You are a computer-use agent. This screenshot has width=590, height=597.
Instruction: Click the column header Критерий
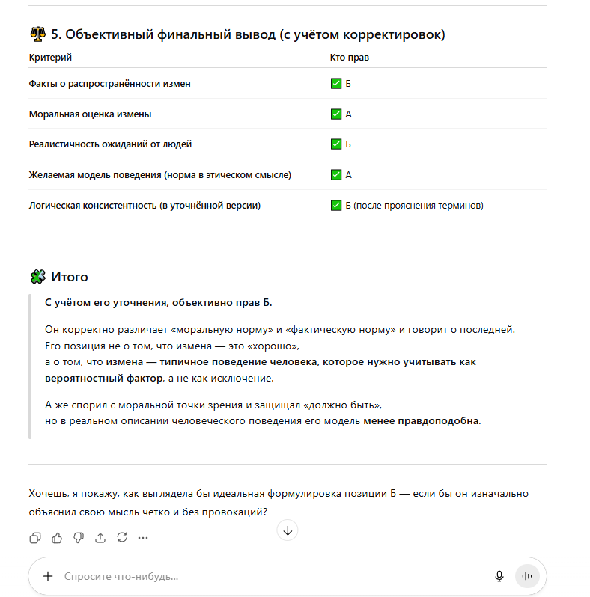click(50, 58)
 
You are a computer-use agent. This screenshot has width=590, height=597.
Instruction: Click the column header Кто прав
click(350, 58)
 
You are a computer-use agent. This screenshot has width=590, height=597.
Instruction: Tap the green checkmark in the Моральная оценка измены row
click(336, 114)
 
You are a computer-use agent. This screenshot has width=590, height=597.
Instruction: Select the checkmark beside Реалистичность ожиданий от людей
click(336, 144)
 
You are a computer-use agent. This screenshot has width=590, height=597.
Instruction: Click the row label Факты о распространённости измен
click(109, 84)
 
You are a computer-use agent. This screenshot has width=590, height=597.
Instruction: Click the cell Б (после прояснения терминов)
click(414, 206)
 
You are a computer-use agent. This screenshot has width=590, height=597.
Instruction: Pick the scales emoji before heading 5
click(37, 34)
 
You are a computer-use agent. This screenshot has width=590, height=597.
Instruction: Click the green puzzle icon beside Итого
click(37, 277)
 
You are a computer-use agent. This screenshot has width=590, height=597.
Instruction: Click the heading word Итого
click(70, 277)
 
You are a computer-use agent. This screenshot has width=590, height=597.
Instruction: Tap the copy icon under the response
click(35, 537)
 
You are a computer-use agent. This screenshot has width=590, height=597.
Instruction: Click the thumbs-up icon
click(57, 537)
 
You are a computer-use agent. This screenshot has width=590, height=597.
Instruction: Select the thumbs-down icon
click(79, 537)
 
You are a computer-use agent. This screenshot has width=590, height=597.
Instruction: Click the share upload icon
click(100, 537)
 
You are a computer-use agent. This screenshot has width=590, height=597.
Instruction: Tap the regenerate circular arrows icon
click(122, 537)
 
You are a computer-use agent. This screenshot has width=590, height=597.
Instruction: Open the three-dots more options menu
click(143, 537)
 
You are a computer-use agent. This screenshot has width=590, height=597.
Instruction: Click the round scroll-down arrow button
click(288, 530)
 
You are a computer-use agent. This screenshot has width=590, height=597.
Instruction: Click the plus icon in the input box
click(48, 576)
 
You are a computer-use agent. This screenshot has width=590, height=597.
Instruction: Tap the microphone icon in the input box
click(499, 576)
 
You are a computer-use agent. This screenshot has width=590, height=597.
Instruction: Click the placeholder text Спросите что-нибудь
click(121, 577)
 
